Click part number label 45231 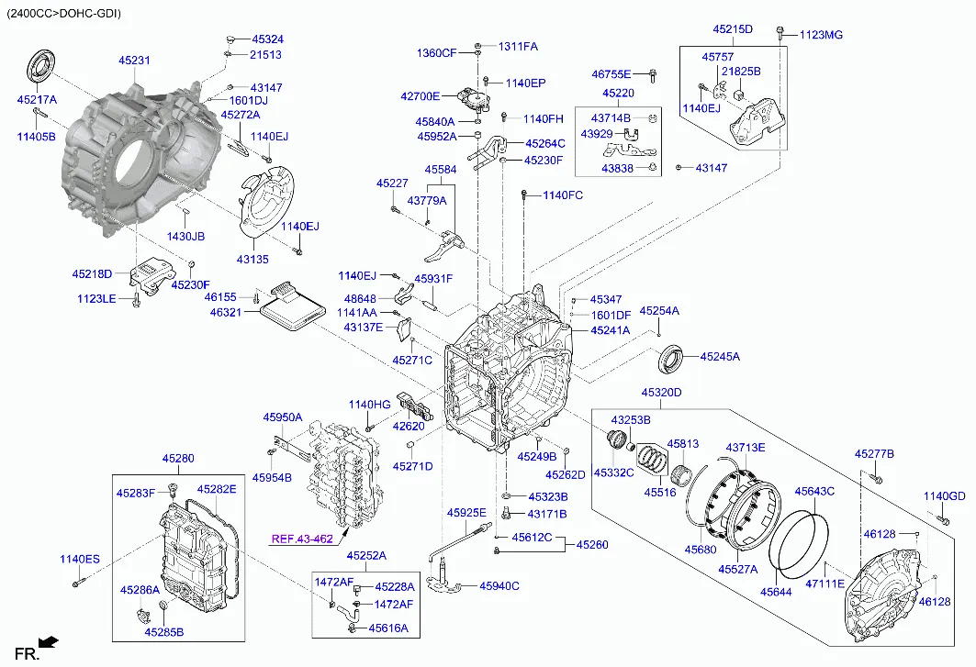click(134, 61)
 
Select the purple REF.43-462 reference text click(302, 539)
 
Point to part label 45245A click(720, 357)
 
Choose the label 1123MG click(821, 35)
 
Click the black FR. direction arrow click(48, 641)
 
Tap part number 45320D click(662, 393)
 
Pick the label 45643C click(814, 491)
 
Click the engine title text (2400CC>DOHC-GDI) click(64, 13)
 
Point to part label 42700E click(421, 96)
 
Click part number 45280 click(178, 459)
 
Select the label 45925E click(466, 513)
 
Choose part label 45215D click(733, 29)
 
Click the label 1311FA click(518, 47)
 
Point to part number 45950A click(283, 417)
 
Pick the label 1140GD click(944, 496)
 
